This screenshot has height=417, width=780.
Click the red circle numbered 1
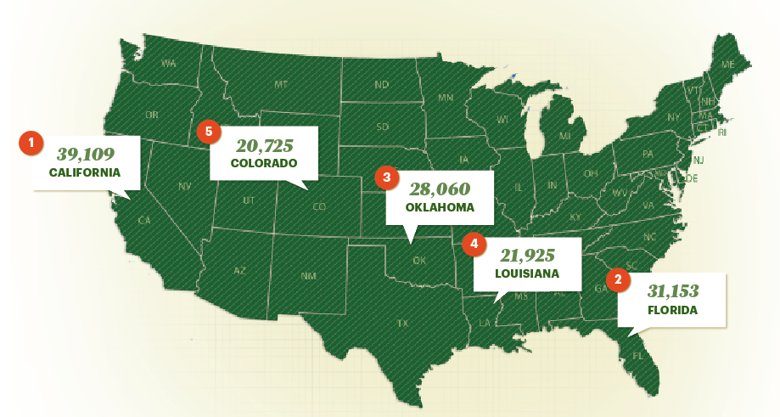[31, 143]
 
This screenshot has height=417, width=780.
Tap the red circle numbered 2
[618, 279]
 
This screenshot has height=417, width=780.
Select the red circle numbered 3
[386, 178]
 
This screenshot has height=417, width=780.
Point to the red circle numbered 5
[208, 132]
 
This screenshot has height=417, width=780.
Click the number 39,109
[86, 154]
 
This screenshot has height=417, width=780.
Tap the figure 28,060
[440, 189]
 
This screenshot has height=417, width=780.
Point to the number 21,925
[527, 256]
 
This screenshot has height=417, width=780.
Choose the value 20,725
[264, 144]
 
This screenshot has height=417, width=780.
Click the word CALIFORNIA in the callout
[85, 172]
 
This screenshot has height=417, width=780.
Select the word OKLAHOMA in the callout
[440, 207]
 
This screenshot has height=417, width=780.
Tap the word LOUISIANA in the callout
[527, 274]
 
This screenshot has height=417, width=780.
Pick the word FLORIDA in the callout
[671, 310]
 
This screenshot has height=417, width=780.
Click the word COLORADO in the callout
[264, 162]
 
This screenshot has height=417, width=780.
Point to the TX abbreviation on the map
[402, 323]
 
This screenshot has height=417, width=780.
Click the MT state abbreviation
[281, 84]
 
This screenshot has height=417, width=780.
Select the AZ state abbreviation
[240, 270]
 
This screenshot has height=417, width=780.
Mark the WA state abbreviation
[169, 63]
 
